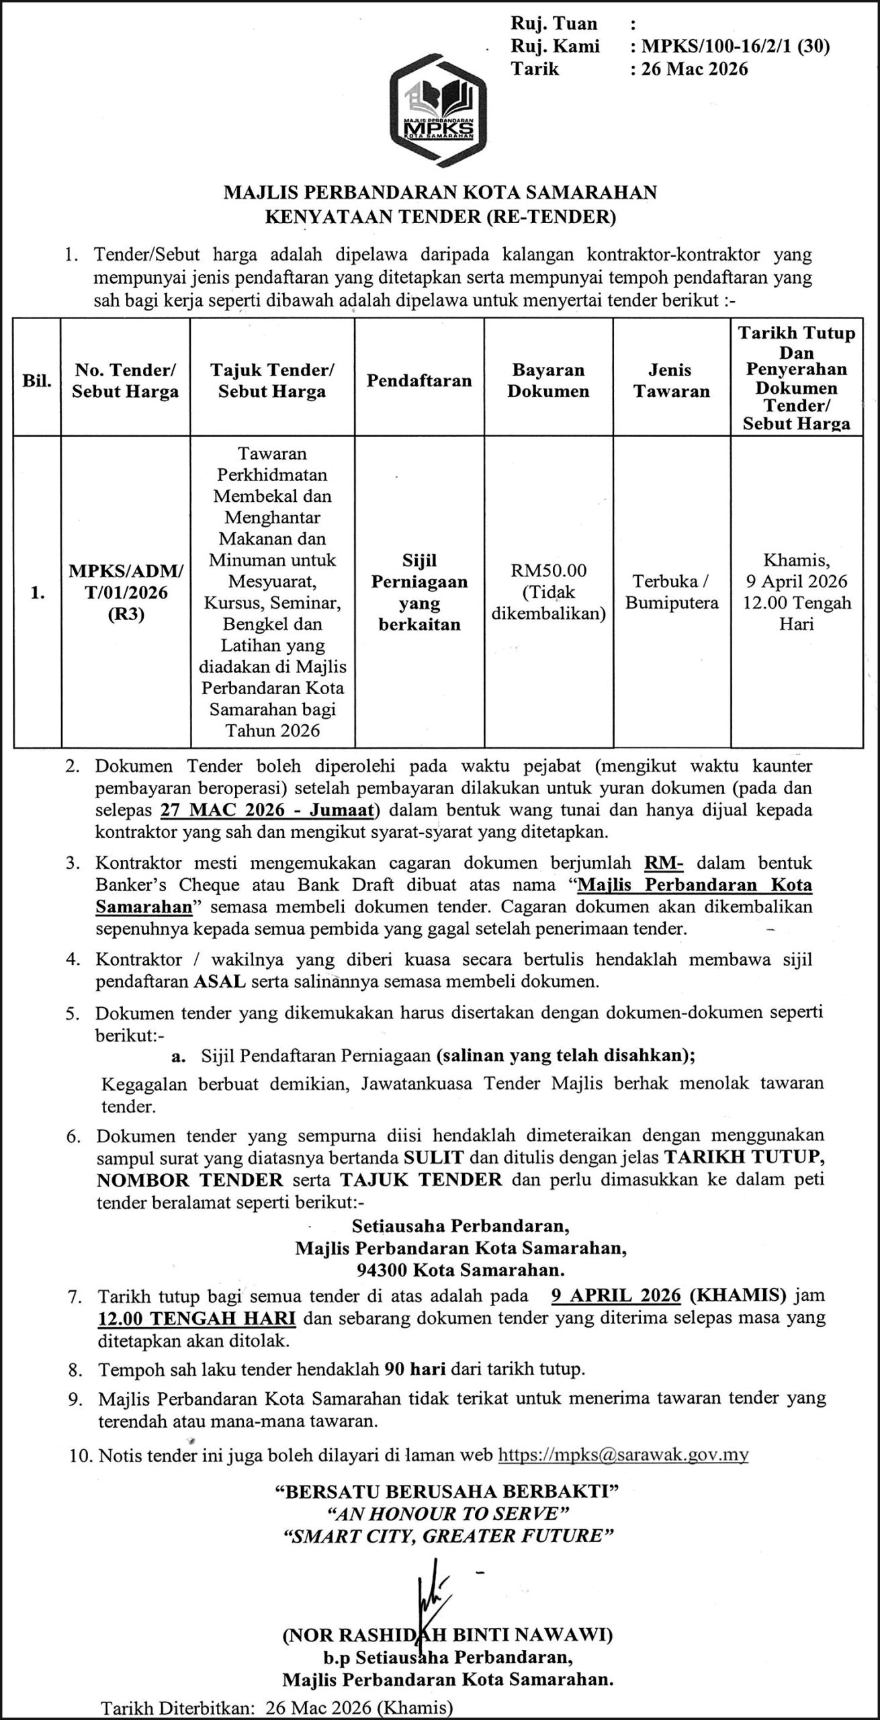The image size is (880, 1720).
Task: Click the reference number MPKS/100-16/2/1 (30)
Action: [x=736, y=46]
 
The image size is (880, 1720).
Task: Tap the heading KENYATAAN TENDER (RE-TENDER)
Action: [x=440, y=216]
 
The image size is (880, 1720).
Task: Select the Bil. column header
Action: [x=37, y=381]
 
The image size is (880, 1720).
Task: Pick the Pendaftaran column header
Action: [x=419, y=380]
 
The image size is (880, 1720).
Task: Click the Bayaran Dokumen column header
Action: [x=547, y=380]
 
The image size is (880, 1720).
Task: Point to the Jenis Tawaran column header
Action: [x=672, y=380]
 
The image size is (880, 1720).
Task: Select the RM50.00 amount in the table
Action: [x=548, y=570]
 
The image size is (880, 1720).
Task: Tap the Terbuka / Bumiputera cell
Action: [x=672, y=592]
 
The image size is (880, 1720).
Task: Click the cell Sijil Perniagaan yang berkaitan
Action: [x=419, y=592]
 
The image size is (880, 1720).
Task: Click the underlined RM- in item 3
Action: [x=664, y=863]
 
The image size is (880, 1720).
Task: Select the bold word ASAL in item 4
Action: [x=220, y=982]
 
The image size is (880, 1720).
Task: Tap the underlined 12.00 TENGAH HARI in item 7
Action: [x=197, y=1318]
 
